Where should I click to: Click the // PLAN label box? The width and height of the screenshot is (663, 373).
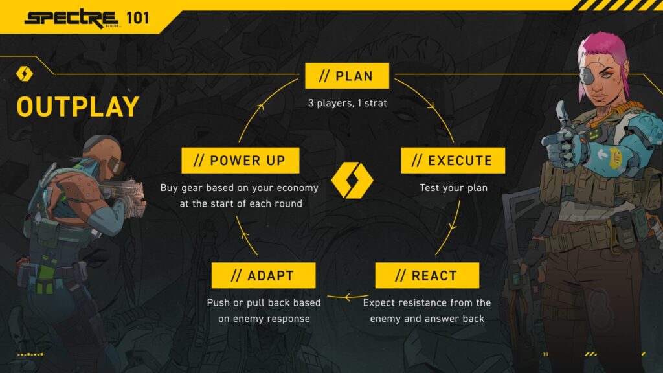[x=346, y=76]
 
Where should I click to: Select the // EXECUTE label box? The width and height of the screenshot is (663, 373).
[x=453, y=161]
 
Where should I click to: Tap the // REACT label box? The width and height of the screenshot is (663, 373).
[x=427, y=275]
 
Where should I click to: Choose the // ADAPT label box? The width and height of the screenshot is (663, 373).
[x=264, y=275]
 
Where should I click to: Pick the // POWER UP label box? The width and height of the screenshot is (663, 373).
[x=240, y=161]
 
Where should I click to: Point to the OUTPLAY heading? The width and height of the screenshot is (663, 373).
[x=78, y=107]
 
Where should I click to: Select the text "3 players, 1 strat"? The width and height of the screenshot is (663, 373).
[x=347, y=103]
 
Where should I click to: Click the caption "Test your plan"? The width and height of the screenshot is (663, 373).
[x=453, y=188]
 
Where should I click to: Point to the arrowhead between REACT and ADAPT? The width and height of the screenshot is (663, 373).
[x=348, y=297]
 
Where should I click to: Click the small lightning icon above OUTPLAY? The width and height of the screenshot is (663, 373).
[x=25, y=74]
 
